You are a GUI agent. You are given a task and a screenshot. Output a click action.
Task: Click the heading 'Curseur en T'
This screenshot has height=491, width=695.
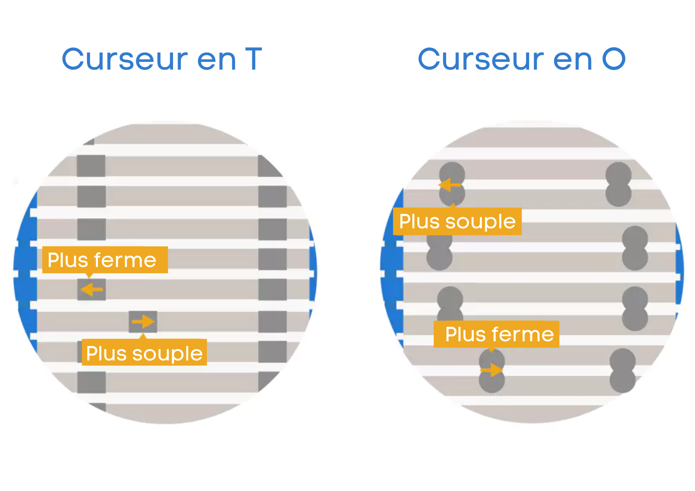[x=162, y=59]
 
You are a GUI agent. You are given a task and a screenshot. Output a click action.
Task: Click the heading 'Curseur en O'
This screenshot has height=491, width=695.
[x=522, y=59]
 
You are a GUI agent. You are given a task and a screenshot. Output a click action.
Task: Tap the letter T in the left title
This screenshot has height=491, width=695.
[x=254, y=59]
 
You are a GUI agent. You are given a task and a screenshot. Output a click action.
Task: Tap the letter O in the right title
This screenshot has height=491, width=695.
[x=614, y=59]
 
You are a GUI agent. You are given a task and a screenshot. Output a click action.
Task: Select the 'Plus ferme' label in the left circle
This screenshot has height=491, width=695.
[x=105, y=260]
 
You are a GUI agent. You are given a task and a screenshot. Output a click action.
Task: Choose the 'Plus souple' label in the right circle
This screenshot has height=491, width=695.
[x=457, y=222]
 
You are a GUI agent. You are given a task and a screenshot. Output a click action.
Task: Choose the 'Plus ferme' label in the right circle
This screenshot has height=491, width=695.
[x=497, y=334]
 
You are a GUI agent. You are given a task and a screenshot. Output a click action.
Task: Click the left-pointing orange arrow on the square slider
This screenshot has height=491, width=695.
[x=91, y=290]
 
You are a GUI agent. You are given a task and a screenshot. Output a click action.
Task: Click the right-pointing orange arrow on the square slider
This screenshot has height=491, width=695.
[x=143, y=322]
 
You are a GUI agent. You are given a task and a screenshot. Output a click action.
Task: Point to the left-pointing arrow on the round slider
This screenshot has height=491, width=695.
[x=450, y=185]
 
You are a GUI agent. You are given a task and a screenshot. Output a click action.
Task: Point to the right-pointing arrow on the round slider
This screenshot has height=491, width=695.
[x=492, y=370]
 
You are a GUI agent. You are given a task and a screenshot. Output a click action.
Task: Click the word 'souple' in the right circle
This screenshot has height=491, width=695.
[x=480, y=222]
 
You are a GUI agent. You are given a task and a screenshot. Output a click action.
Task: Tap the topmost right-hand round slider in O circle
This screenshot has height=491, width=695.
[x=618, y=184]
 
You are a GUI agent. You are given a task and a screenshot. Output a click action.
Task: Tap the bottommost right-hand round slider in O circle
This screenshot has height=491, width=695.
[x=623, y=371]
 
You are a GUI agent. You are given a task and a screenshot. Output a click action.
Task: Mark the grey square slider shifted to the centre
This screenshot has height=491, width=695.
[x=143, y=322]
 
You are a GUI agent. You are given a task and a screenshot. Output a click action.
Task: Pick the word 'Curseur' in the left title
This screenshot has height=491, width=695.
[x=125, y=59]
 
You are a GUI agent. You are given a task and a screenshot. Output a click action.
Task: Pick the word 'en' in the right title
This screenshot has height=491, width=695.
[x=572, y=59]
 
